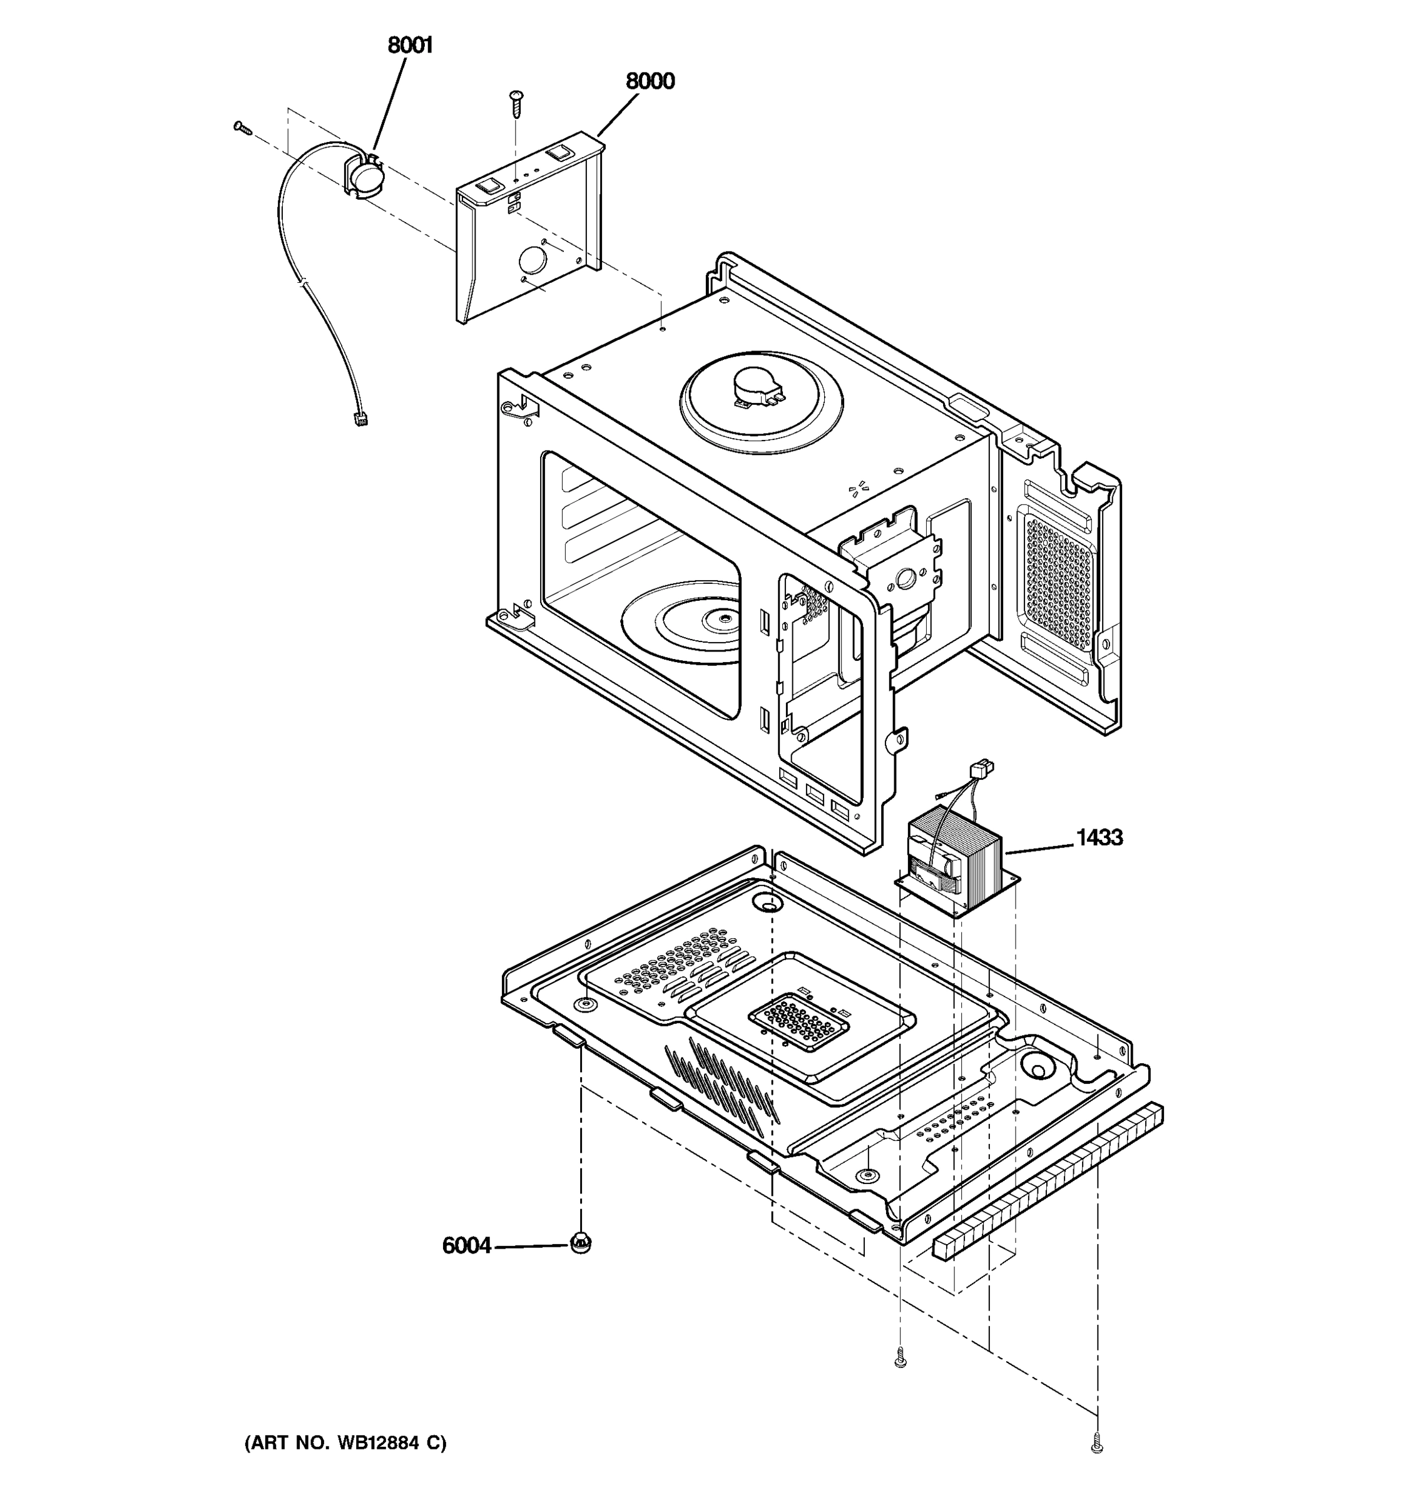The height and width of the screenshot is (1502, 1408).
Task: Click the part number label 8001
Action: (x=410, y=46)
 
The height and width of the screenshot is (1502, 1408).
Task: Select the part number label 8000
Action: (x=650, y=81)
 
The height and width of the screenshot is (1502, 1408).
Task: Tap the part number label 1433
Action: (x=1099, y=837)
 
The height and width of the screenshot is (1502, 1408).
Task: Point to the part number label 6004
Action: (x=466, y=1245)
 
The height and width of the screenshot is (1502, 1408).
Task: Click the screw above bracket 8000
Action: (x=518, y=102)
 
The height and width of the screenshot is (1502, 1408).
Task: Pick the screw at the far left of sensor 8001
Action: (x=242, y=128)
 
